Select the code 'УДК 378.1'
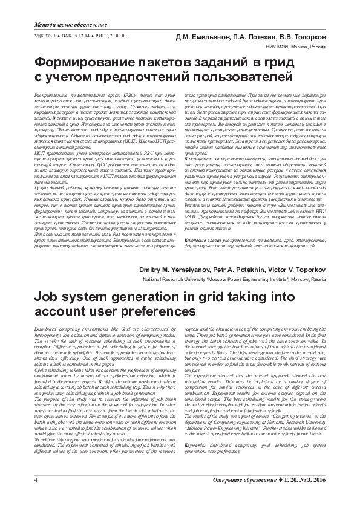point(39,36)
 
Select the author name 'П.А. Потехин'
point(255,37)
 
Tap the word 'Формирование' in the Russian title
point(94,63)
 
